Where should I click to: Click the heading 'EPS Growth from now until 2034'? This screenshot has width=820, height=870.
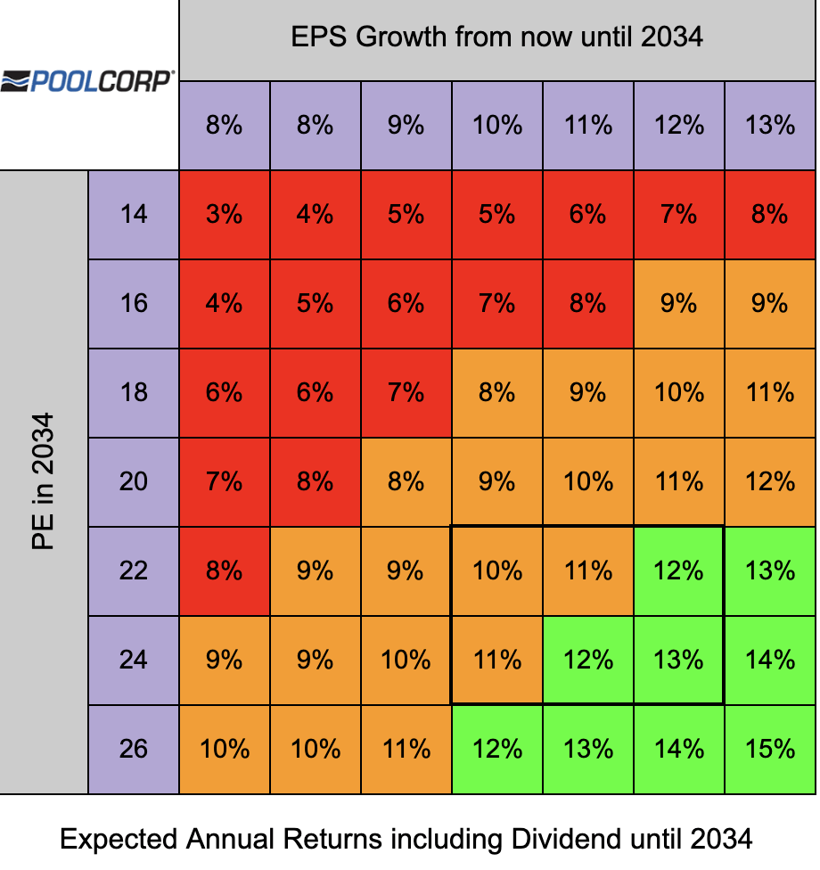coord(496,37)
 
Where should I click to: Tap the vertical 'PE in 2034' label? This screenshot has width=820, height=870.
coord(44,481)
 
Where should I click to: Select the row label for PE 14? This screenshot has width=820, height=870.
coord(134,215)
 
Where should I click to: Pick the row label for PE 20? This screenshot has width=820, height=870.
coord(134,482)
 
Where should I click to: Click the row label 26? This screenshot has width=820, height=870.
coord(134,749)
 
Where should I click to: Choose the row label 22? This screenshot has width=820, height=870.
coord(134,570)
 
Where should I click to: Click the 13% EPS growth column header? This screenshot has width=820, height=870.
coord(769,125)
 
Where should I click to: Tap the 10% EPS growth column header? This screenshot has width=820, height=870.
coord(496,125)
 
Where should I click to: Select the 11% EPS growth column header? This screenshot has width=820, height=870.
coord(588,125)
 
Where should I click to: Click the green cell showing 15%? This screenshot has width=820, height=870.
coord(769,749)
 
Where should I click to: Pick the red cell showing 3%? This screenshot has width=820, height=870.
coord(225,215)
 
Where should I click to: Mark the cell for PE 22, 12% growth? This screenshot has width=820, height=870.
coord(678,570)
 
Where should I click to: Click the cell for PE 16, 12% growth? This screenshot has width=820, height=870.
coord(678,304)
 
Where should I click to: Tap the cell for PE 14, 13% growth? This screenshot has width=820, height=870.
coord(769,215)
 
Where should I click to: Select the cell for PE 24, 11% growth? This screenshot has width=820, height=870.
coord(588,660)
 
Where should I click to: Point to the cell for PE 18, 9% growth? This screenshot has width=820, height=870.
coord(406,393)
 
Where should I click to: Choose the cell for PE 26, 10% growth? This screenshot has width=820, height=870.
coord(496,749)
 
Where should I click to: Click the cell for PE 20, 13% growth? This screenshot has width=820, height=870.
coord(769,482)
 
